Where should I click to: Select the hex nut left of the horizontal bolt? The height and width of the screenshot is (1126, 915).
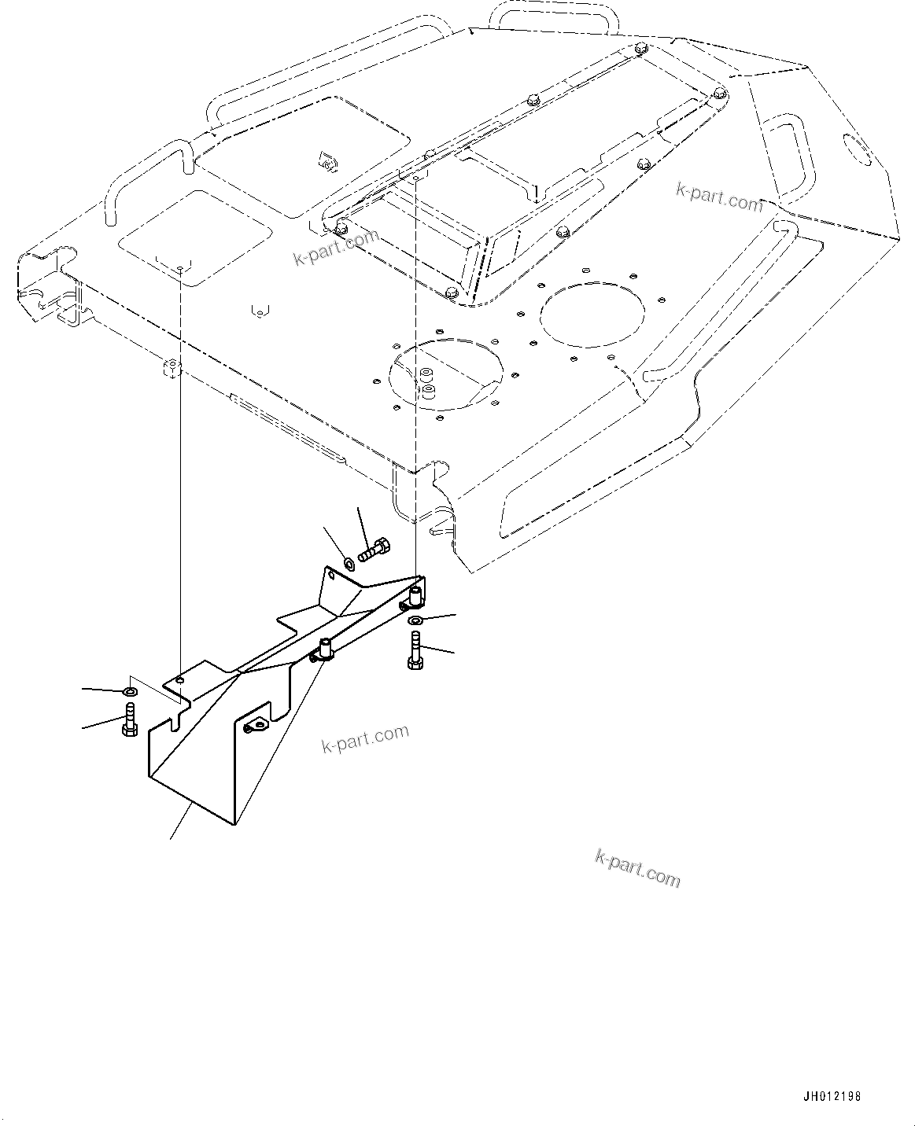[x=349, y=562]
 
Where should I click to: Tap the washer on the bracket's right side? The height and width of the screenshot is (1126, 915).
[x=415, y=621]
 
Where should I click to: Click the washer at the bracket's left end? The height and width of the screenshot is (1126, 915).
[x=130, y=691]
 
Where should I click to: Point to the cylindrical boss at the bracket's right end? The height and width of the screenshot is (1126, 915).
[x=415, y=595]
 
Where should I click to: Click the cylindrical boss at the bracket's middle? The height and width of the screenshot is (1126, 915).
[x=326, y=649]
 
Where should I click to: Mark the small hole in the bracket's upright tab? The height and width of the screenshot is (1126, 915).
[x=332, y=576]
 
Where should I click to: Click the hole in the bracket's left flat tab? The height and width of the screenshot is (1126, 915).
[x=180, y=679]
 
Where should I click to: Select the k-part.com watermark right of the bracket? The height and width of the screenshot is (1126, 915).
[x=366, y=738]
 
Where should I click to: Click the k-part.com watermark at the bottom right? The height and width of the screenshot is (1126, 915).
[x=637, y=868]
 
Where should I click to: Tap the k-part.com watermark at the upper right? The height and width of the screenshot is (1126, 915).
[x=719, y=197]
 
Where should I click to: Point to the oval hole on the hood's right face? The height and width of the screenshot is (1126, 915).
[x=857, y=149]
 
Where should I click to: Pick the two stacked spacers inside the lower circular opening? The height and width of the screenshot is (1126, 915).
[x=427, y=380]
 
